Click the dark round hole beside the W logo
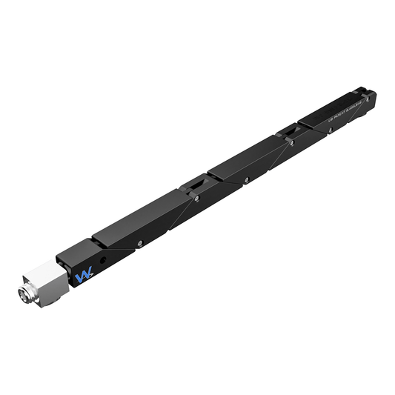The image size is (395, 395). click(103, 260)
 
